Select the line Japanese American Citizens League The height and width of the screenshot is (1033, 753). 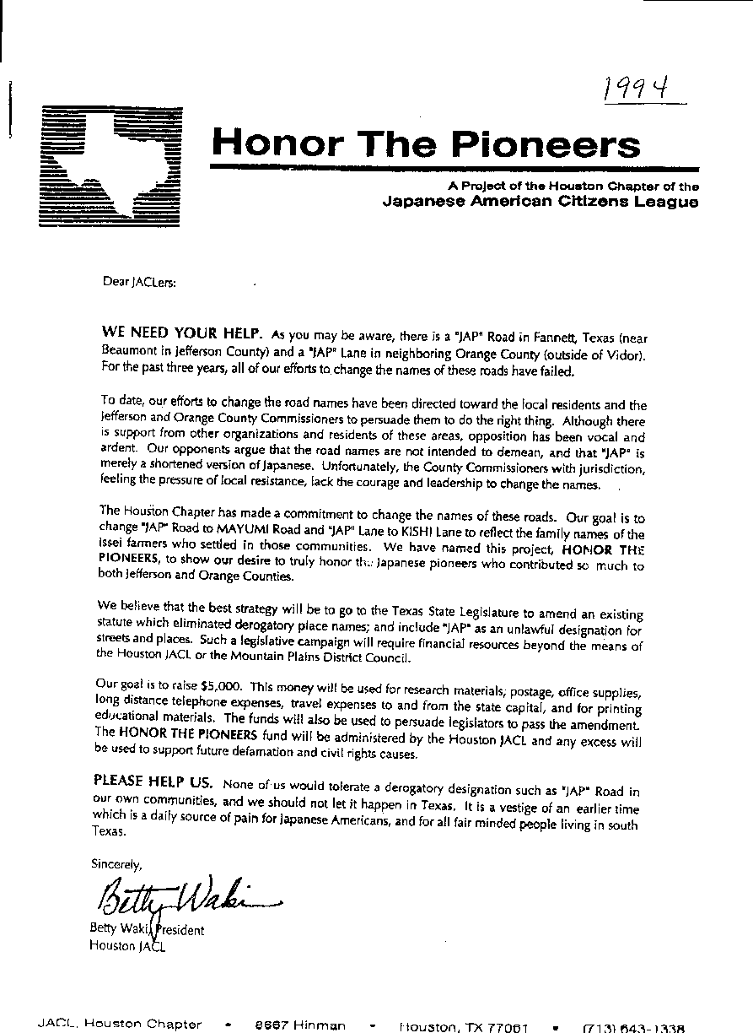click(541, 201)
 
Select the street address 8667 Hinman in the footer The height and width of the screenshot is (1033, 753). click(300, 1025)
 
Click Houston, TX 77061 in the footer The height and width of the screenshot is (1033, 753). click(464, 1026)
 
